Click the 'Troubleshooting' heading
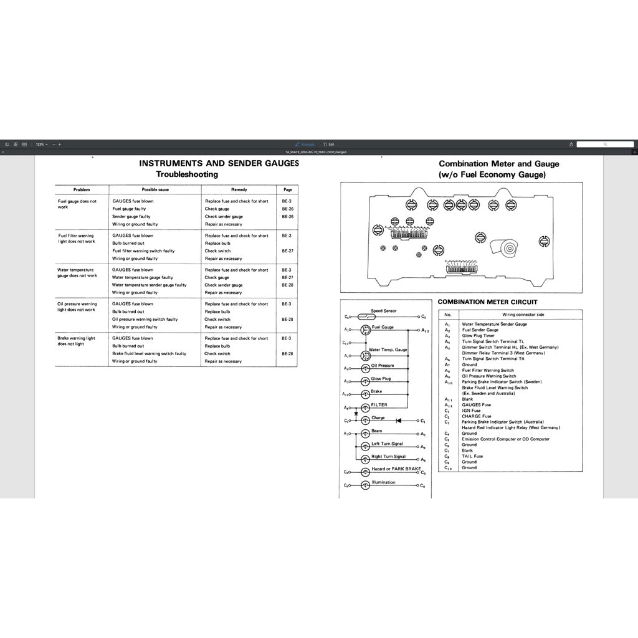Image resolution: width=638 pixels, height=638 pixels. click(186, 174)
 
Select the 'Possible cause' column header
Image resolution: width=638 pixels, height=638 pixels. click(155, 189)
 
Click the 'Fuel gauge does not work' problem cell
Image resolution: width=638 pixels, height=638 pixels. click(77, 204)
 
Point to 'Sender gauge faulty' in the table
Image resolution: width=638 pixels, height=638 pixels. click(131, 217)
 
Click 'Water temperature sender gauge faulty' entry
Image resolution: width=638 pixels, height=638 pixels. click(149, 285)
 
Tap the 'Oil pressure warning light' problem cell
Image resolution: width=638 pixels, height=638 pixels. click(77, 307)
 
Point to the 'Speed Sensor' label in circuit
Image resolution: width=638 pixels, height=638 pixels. click(383, 310)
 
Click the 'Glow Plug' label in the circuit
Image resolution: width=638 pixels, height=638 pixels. click(381, 378)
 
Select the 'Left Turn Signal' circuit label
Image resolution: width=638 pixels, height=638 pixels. click(387, 444)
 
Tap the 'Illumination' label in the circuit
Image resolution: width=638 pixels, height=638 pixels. click(383, 482)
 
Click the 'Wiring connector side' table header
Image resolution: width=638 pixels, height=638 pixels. click(523, 315)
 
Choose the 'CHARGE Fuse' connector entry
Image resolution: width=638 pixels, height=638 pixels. click(476, 416)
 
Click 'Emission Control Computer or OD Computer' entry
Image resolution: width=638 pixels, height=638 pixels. click(505, 439)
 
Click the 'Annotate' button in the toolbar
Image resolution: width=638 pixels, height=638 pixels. click(305, 144)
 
